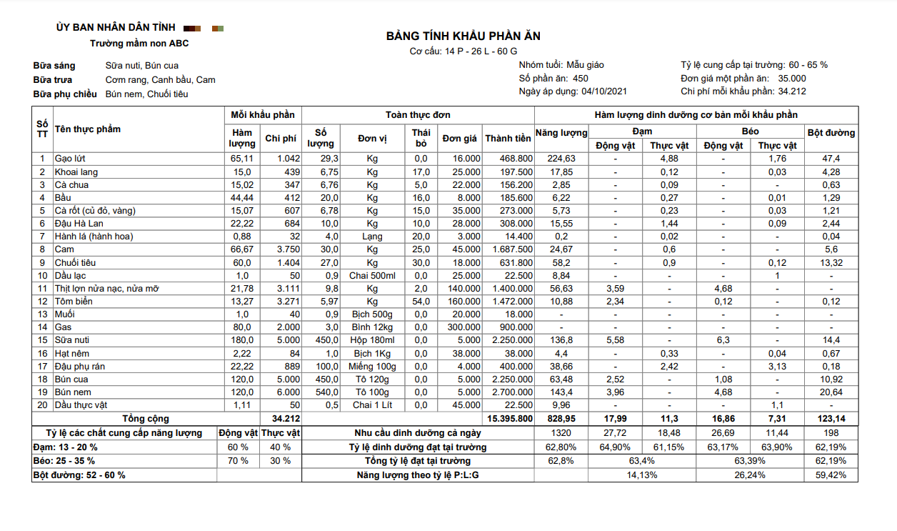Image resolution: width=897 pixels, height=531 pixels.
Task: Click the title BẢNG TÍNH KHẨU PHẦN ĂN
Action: (463, 36)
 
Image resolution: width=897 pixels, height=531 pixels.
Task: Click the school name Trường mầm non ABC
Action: (139, 44)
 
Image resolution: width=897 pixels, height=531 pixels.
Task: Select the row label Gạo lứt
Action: (70, 159)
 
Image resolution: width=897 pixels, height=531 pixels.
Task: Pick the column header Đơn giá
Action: (459, 139)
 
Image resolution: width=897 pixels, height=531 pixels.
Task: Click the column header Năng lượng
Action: (561, 133)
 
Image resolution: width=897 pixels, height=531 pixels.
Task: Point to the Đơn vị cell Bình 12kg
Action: (372, 327)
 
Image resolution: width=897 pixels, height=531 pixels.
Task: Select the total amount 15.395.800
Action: (508, 419)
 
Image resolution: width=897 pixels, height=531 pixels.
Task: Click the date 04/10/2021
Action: (604, 91)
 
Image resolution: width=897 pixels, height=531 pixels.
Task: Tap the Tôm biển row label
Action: (74, 302)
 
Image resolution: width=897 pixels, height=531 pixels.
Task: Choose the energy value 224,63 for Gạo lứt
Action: (561, 159)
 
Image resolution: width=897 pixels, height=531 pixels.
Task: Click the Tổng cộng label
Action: (146, 419)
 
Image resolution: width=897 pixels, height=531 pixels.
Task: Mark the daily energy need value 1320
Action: (561, 433)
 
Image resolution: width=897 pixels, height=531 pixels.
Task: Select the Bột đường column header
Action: (831, 133)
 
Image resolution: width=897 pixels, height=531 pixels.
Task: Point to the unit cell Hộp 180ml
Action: (372, 340)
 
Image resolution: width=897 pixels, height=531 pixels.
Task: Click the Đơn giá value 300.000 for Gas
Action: (461, 327)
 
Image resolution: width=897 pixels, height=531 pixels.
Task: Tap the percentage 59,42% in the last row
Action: (831, 475)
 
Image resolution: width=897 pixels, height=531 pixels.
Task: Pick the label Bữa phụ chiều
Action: (65, 94)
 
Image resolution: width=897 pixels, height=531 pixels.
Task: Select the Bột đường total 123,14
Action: (831, 419)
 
